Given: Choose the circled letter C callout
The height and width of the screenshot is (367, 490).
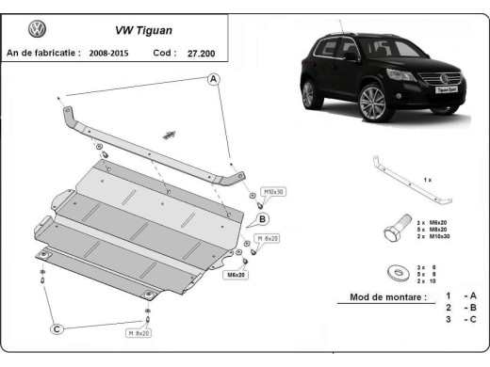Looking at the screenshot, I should (57, 328).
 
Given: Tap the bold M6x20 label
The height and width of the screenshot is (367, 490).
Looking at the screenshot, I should (236, 275).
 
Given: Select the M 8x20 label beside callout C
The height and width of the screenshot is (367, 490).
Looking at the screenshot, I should (140, 332).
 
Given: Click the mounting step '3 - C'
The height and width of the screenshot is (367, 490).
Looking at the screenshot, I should (461, 321).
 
